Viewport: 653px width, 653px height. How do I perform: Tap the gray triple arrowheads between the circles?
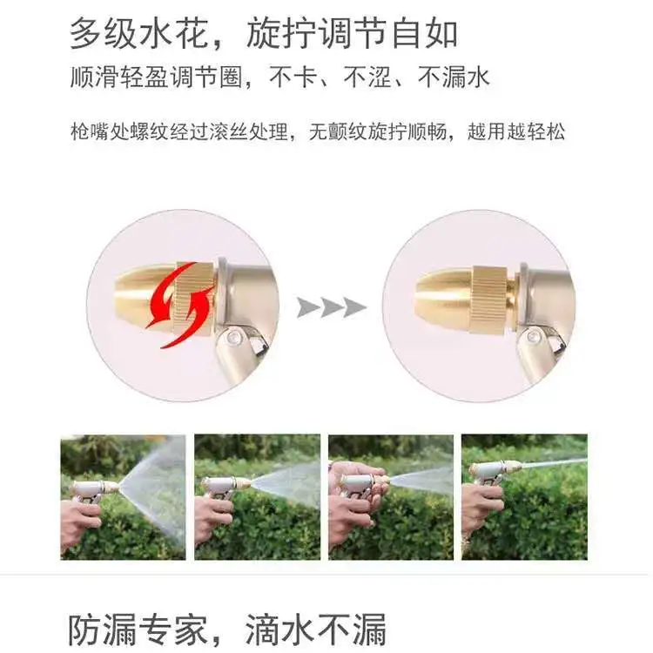(x=332, y=307)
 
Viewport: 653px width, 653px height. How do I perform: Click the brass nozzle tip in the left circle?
(x=145, y=296)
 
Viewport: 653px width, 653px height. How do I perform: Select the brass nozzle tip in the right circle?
(x=443, y=297)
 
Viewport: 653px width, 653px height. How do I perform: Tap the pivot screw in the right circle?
(x=532, y=336)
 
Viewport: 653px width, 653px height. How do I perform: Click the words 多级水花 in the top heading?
(x=138, y=32)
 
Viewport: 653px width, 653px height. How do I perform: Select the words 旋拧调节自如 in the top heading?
(x=353, y=32)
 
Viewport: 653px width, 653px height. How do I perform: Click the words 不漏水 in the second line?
(x=454, y=77)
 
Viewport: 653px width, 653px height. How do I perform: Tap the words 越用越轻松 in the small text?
(x=516, y=131)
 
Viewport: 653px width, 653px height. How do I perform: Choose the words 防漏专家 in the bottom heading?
(x=138, y=629)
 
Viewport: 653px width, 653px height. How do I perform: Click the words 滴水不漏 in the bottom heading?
(x=316, y=629)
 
